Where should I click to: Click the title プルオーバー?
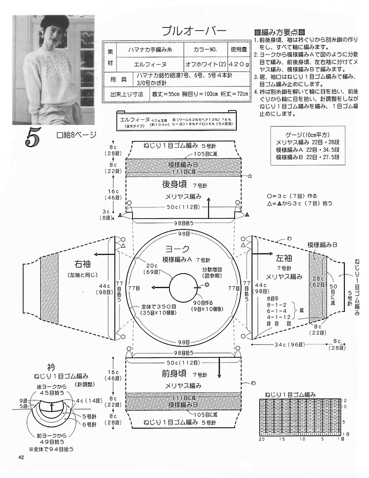coord(194,31)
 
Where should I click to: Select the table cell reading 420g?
coord(239,64)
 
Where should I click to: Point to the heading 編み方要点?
coord(279,32)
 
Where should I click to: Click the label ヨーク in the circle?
coord(180,249)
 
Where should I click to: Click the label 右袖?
coord(84,264)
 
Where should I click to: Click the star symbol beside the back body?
coord(250,176)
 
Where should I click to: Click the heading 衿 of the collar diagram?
coord(51,366)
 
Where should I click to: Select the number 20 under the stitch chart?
coord(262,439)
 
